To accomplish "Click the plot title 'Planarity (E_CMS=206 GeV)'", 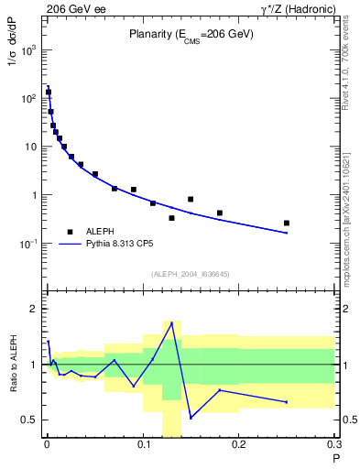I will (191, 35).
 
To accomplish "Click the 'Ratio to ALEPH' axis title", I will (16, 365).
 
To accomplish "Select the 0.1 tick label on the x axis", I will (144, 446).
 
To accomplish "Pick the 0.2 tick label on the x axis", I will (240, 446).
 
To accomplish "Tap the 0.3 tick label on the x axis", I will (334, 446).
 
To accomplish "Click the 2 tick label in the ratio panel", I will (36, 310).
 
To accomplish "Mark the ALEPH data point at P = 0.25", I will (287, 223).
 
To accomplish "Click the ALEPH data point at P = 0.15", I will (191, 199).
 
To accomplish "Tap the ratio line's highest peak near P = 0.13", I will (171, 322).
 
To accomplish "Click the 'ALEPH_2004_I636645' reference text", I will (191, 274).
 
